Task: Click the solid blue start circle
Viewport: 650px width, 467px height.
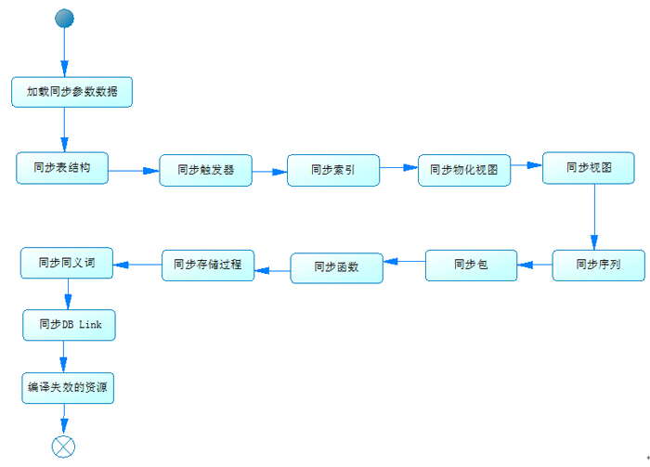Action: [x=64, y=19]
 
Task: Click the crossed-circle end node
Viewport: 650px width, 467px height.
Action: [x=63, y=447]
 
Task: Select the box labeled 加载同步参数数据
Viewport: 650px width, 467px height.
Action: [x=71, y=92]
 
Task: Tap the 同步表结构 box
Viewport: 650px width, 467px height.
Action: [x=62, y=168]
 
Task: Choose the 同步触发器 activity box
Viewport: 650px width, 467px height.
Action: [x=205, y=170]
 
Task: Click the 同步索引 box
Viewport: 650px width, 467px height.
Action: [x=333, y=170]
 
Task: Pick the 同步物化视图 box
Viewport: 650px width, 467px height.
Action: [x=464, y=170]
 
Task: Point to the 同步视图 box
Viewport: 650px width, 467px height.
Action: [x=589, y=168]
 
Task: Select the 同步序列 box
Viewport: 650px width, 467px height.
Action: [x=599, y=266]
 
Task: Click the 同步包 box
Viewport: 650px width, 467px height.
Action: [x=472, y=266]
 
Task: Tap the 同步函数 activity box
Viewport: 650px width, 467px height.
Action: [x=336, y=268]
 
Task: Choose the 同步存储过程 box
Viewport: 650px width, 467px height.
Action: [x=208, y=266]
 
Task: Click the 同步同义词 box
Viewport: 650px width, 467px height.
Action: [x=67, y=263]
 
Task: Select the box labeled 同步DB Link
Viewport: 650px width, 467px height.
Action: [x=70, y=325]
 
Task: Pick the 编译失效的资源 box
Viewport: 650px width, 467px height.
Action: [x=68, y=388]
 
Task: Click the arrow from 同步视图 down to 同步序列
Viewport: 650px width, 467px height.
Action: [x=594, y=216]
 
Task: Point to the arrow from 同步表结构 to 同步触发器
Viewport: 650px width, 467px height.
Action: [x=134, y=171]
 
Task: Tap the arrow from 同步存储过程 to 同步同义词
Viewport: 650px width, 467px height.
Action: [x=137, y=265]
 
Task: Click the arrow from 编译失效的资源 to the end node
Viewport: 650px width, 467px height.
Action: [x=64, y=420]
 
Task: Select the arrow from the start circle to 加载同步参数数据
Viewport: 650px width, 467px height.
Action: [x=64, y=52]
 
